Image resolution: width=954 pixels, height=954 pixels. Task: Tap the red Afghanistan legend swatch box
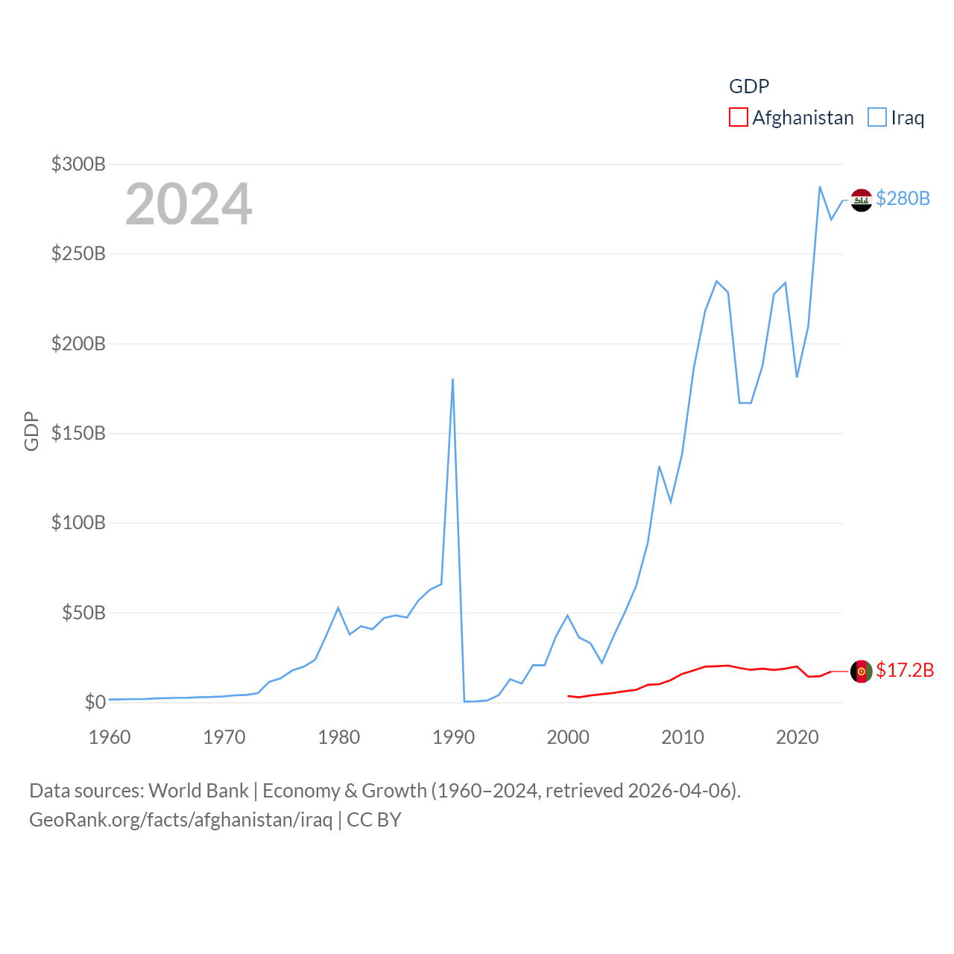(738, 118)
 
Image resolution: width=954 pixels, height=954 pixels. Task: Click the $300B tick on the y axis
(78, 164)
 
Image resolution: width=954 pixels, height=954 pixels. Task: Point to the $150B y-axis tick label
(78, 433)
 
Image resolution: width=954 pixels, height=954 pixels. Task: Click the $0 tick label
(95, 702)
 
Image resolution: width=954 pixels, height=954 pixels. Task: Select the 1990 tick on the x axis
(453, 737)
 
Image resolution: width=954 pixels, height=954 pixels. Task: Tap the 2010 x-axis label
(683, 737)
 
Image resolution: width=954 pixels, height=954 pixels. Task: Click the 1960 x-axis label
(110, 737)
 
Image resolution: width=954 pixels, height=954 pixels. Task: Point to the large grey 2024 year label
(189, 204)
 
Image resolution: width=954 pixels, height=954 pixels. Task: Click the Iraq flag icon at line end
(862, 200)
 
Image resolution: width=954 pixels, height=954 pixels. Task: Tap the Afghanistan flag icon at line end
(862, 671)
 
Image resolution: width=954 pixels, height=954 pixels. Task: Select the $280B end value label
(903, 198)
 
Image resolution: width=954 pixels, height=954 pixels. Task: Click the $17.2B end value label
(905, 670)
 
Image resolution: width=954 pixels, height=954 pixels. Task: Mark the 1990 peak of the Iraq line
(452, 379)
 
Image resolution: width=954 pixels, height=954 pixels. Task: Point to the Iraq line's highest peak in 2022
(820, 187)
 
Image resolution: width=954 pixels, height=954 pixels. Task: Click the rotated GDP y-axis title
(31, 431)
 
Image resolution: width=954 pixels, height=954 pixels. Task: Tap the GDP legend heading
(749, 86)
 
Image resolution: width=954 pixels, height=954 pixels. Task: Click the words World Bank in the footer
(198, 790)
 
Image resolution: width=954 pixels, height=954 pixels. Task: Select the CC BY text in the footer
(374, 820)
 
